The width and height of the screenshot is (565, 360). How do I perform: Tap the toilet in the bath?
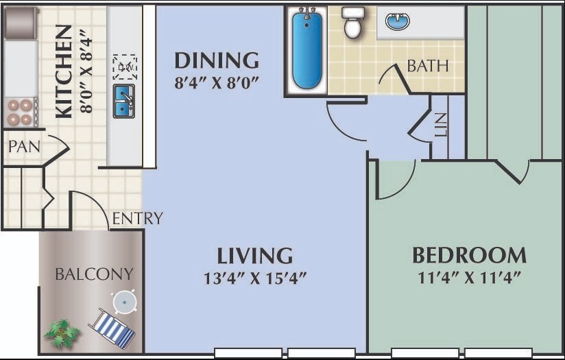tap(352, 23)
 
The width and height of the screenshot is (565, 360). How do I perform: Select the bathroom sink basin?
tap(398, 21)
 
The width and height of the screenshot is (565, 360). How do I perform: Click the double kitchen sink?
tap(124, 101)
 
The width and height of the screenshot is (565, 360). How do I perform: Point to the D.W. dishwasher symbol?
tap(125, 67)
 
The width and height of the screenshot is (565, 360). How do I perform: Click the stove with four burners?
tap(21, 112)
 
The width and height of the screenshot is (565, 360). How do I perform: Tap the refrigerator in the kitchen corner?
tap(21, 23)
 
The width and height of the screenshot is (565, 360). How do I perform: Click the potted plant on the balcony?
tap(62, 333)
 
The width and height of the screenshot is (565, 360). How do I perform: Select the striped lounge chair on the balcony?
tap(112, 328)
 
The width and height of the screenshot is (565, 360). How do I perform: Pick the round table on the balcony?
tap(125, 302)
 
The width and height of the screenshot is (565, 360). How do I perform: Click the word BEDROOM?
tap(469, 256)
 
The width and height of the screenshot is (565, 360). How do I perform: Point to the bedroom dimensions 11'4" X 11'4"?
tap(470, 278)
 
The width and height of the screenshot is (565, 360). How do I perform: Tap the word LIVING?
tap(255, 256)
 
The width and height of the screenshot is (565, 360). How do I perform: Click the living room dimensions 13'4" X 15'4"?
tap(255, 278)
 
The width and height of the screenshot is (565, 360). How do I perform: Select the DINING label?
tap(217, 60)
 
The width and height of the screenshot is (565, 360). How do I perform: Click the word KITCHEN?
tap(64, 71)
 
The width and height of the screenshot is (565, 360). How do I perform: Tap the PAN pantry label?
tap(24, 147)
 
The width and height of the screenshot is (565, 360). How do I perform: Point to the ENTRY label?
tap(138, 218)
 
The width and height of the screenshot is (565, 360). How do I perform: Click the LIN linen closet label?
tap(440, 125)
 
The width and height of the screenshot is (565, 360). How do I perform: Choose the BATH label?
tap(428, 66)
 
